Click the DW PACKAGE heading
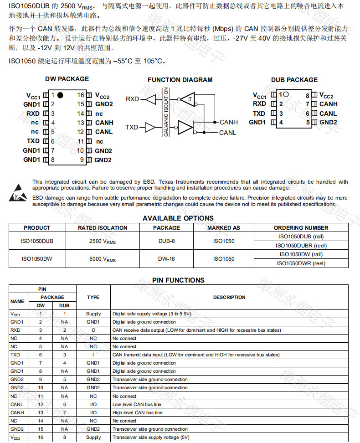click(x=67, y=79)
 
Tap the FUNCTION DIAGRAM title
click(x=180, y=80)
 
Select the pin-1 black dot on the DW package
click(x=60, y=95)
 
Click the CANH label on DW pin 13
click(x=104, y=123)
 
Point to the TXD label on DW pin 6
click(x=33, y=141)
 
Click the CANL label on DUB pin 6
click(x=328, y=113)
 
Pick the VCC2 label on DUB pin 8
click(x=326, y=96)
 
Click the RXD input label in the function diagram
click(x=132, y=99)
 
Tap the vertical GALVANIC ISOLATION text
click(x=166, y=112)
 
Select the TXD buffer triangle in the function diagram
click(x=150, y=127)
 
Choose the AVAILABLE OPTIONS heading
click(x=178, y=218)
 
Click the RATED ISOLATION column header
click(x=103, y=228)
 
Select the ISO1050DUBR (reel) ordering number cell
click(x=301, y=245)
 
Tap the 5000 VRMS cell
click(x=103, y=259)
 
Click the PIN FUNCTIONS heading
click(x=178, y=280)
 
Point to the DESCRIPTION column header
click(x=229, y=297)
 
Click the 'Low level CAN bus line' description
click(x=137, y=404)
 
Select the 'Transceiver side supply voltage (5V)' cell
click(x=150, y=437)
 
